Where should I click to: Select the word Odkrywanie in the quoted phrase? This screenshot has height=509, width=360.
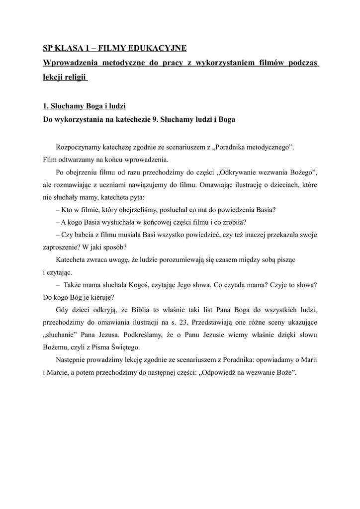[x=241, y=172]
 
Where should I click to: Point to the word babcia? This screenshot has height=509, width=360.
[x=86, y=234]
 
